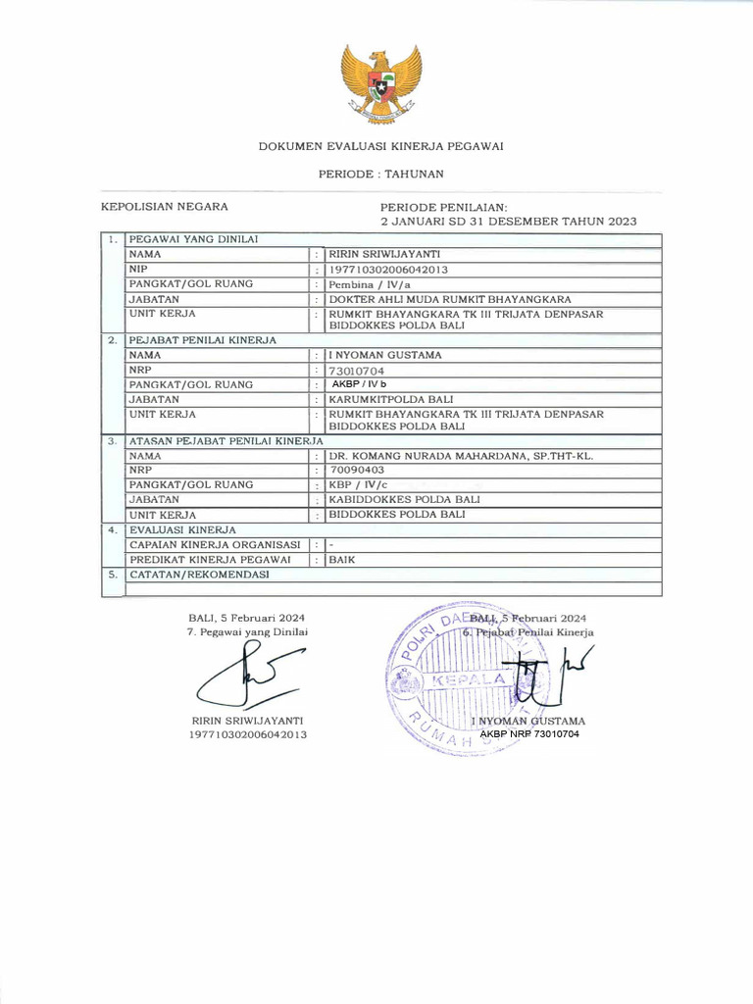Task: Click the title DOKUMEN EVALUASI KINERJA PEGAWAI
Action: tap(380, 147)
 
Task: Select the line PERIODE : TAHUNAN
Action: tap(380, 174)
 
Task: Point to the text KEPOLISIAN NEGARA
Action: tap(165, 207)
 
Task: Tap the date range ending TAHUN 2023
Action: tap(508, 222)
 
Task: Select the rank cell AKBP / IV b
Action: tap(359, 385)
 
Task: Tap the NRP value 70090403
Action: tap(358, 471)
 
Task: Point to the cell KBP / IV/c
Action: tap(359, 484)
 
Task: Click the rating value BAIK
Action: tap(342, 560)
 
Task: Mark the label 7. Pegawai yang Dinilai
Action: tap(247, 632)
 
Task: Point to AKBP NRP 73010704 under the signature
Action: tap(529, 734)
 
